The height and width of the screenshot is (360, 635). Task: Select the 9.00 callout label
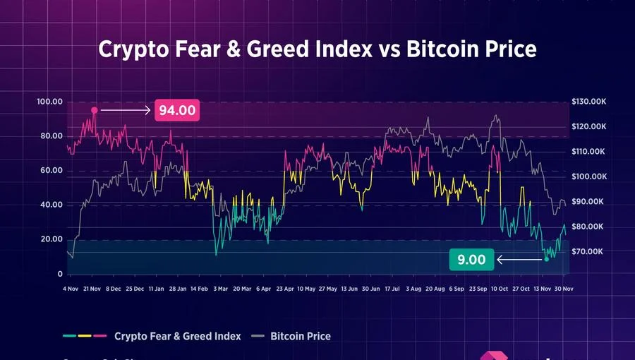click(471, 260)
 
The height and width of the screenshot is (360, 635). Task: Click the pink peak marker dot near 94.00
click(94, 110)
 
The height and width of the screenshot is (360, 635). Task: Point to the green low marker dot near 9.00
click(546, 260)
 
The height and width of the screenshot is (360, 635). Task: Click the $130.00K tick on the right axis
click(588, 102)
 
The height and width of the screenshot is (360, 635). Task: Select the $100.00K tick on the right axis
click(588, 176)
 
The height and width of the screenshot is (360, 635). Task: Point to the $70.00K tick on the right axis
click(588, 251)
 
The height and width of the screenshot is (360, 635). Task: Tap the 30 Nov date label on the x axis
click(564, 289)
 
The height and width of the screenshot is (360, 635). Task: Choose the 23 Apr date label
click(284, 289)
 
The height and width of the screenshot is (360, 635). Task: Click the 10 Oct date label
click(500, 289)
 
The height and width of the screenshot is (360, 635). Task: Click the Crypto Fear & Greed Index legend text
click(177, 336)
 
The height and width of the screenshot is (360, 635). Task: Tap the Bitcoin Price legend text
click(301, 336)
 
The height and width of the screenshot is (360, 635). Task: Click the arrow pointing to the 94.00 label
click(126, 110)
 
